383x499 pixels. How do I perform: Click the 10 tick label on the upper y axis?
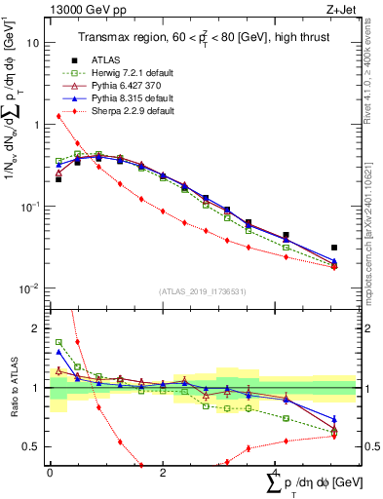[33, 43]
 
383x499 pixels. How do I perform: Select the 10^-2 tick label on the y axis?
[30, 288]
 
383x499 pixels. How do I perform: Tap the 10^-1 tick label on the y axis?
[30, 207]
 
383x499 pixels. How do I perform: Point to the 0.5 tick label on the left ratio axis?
[31, 446]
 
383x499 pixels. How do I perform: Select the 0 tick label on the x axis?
[50, 473]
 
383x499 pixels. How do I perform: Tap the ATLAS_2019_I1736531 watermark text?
[203, 292]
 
